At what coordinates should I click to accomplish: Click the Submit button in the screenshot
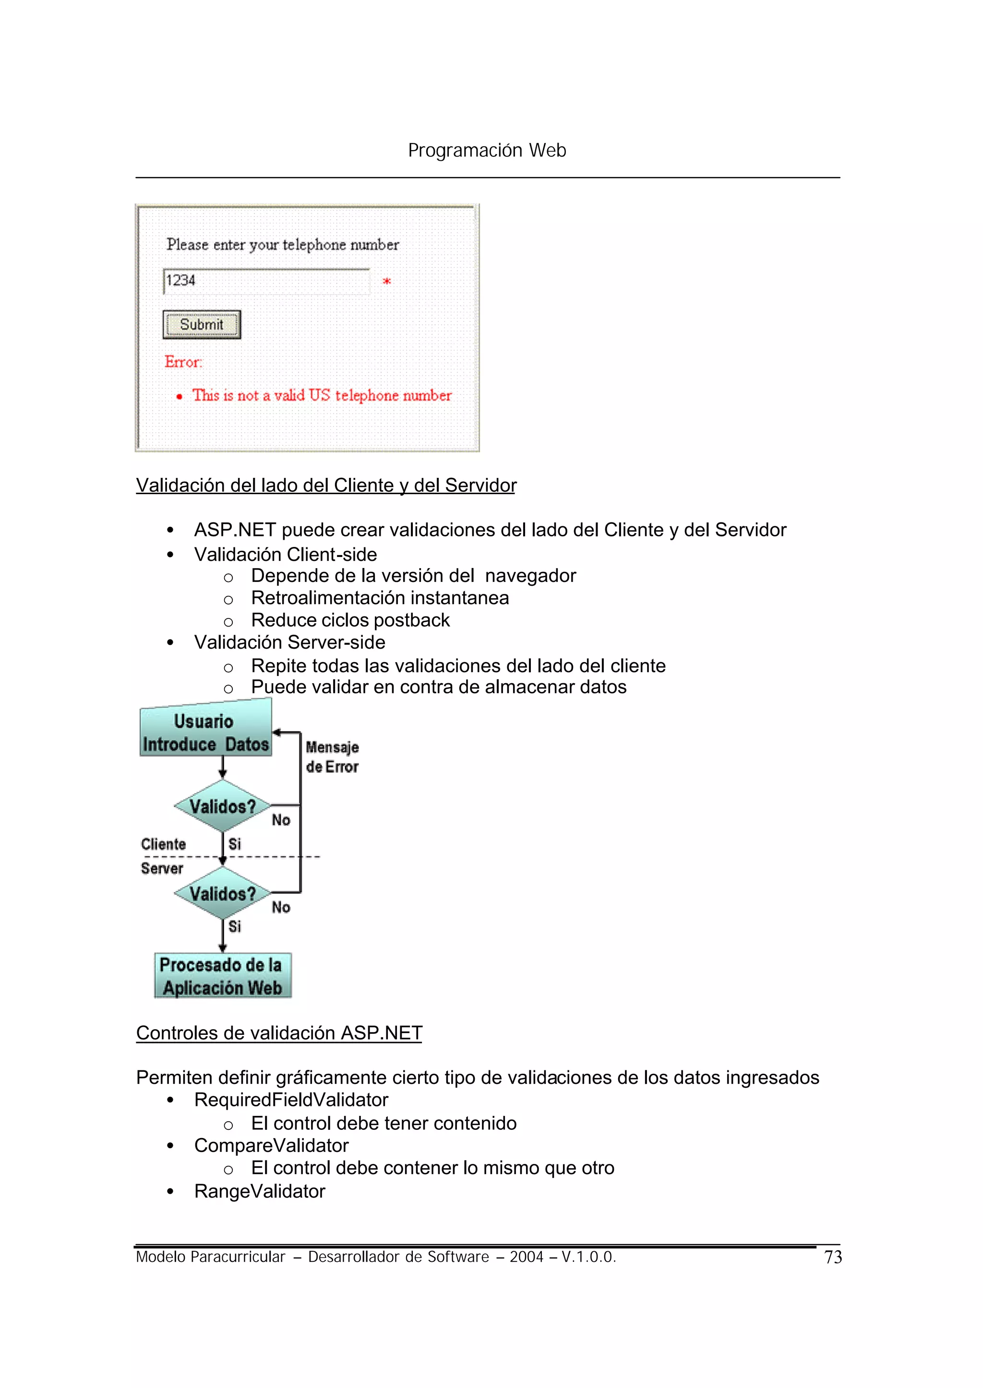[x=202, y=324]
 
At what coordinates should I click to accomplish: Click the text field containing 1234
[x=266, y=281]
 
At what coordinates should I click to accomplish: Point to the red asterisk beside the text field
[x=387, y=281]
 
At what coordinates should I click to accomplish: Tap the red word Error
[x=183, y=362]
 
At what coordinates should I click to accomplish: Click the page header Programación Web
[x=487, y=150]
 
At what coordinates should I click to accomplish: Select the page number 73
[x=833, y=1258]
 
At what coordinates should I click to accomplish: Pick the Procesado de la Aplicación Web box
[x=222, y=975]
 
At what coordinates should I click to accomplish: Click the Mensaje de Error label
[x=332, y=757]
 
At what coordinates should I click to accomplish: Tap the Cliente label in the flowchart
[x=163, y=844]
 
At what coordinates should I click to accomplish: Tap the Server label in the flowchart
[x=162, y=868]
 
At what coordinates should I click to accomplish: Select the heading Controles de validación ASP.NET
[x=279, y=1033]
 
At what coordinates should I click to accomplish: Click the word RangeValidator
[x=260, y=1191]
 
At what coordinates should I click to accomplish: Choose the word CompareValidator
[x=271, y=1145]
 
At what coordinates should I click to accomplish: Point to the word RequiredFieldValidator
[x=291, y=1099]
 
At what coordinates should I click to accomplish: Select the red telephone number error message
[x=322, y=395]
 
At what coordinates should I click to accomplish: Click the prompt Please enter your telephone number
[x=283, y=244]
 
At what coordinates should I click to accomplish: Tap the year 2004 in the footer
[x=526, y=1257]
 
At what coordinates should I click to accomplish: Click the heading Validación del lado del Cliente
[x=325, y=485]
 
